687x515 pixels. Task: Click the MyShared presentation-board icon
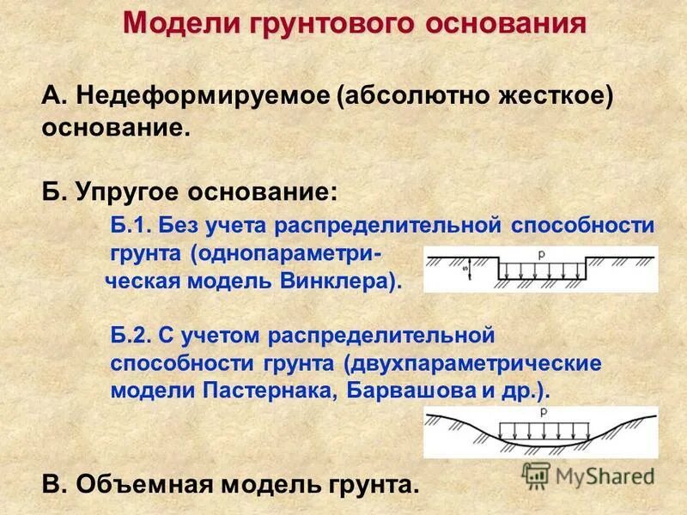point(536,476)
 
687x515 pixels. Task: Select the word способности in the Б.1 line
point(582,227)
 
